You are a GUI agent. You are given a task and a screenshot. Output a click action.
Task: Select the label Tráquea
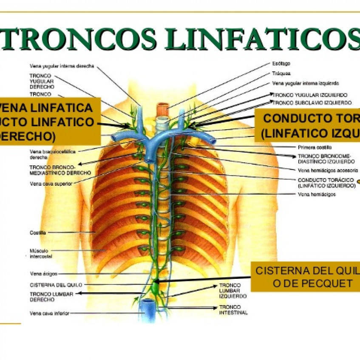pos(281,73)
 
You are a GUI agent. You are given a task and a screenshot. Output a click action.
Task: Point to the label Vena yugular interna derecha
pos(62,66)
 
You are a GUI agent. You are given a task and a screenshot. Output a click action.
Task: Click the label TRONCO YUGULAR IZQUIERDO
pos(311,95)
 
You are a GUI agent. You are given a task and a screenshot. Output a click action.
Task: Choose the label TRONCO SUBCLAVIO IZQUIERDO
pos(312,103)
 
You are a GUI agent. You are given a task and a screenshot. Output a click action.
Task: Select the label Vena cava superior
pos(51,184)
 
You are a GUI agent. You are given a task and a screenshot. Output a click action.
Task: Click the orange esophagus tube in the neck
pos(162,109)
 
